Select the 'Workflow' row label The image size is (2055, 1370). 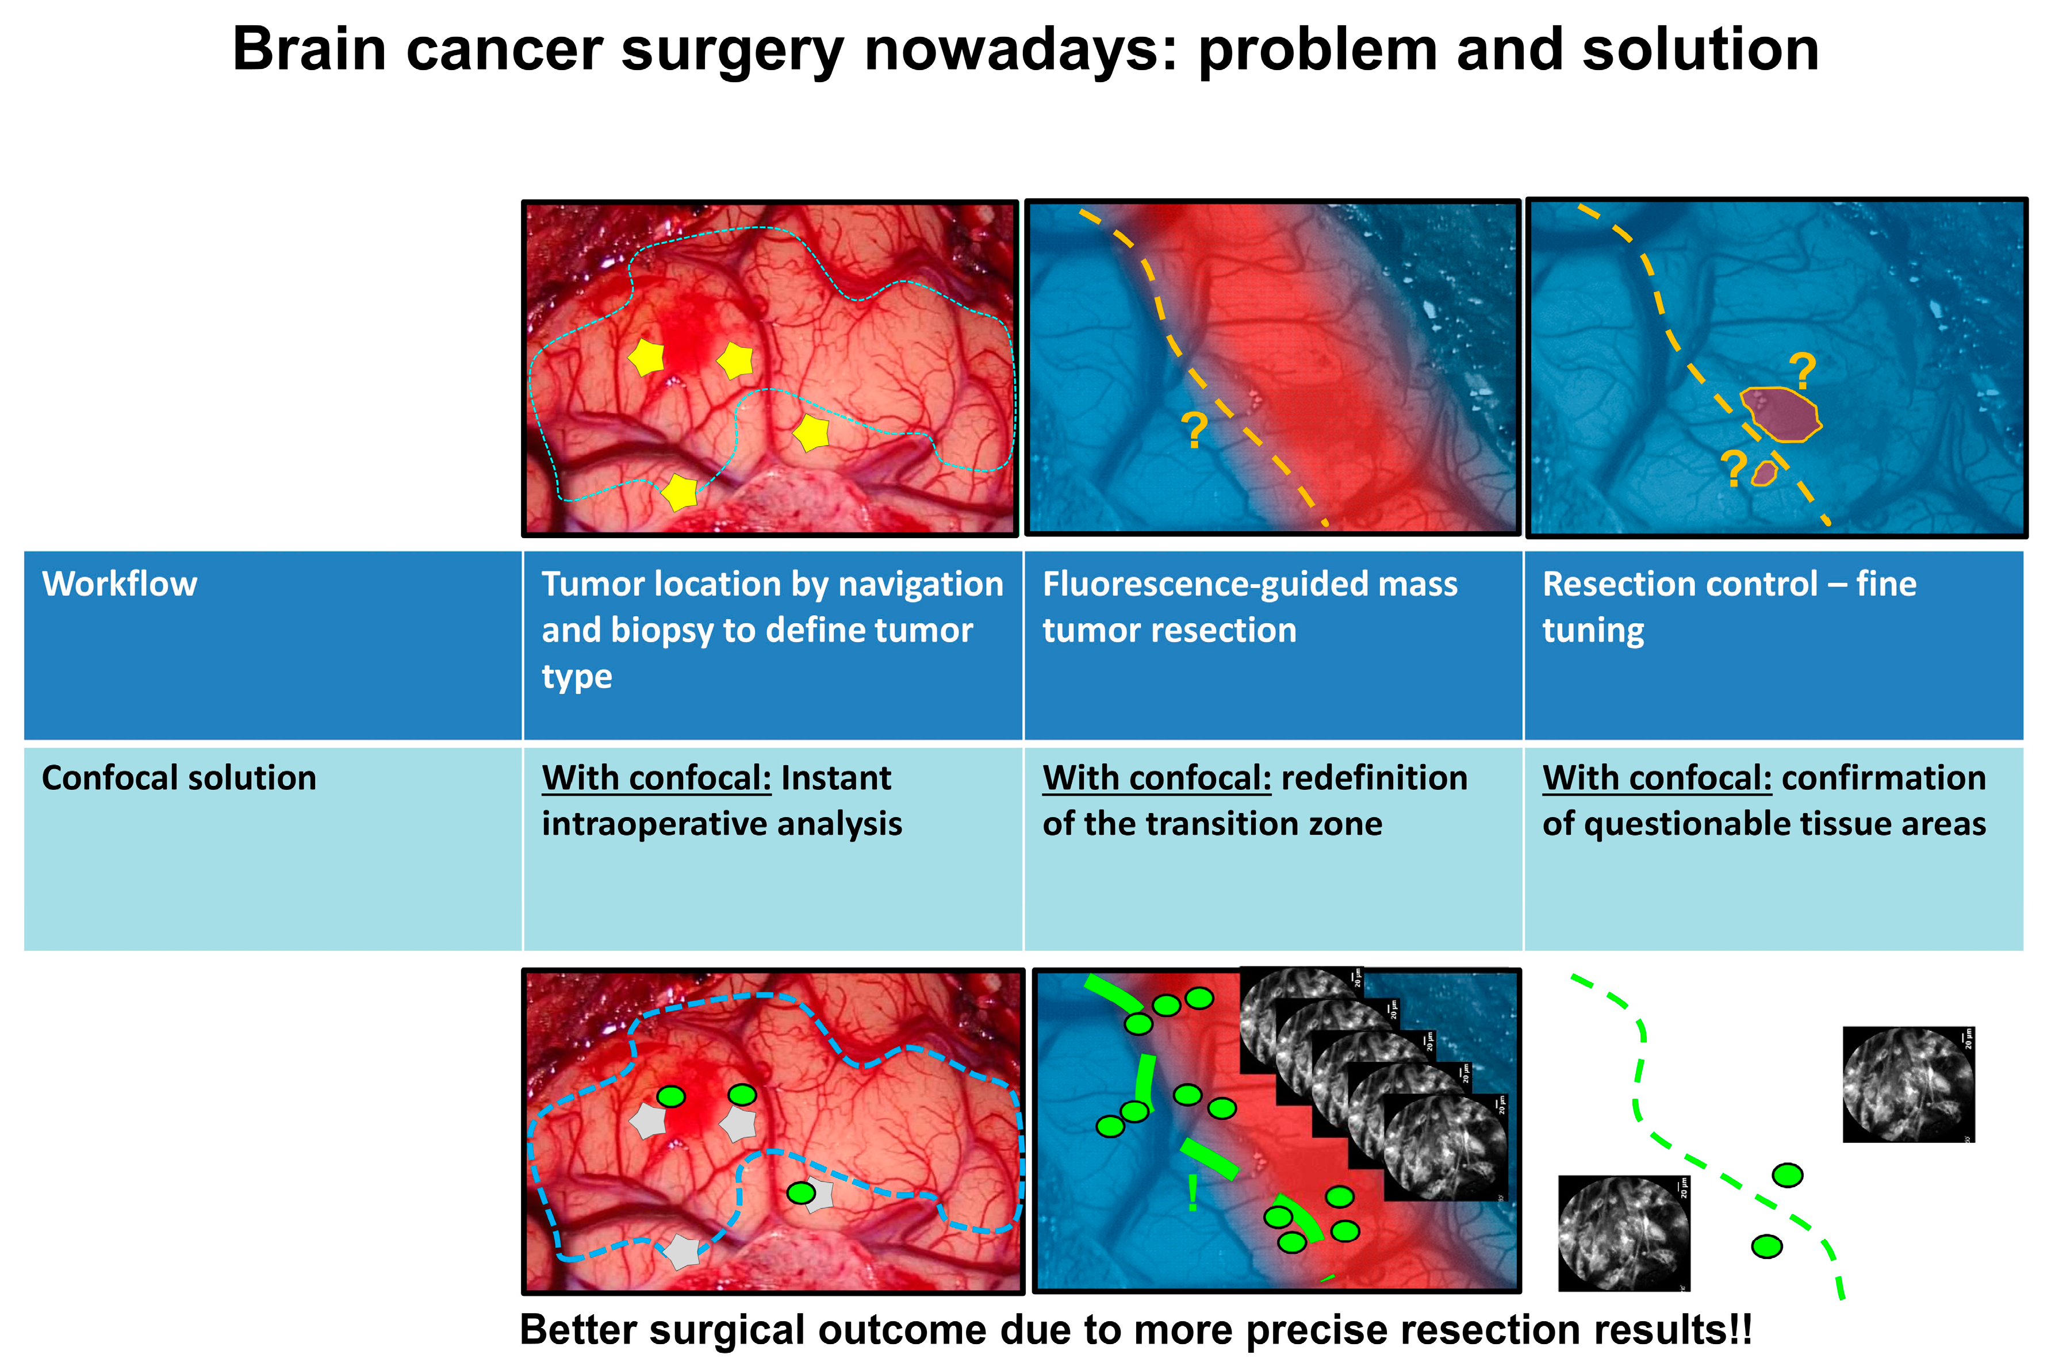point(120,584)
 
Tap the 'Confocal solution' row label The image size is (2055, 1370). point(179,778)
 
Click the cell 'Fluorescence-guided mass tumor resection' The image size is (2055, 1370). point(1249,607)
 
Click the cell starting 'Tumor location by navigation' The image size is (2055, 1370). point(772,629)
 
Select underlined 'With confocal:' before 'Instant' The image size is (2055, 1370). point(656,778)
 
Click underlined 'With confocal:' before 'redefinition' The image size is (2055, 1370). point(1156,778)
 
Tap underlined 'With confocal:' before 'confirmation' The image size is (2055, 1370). point(1657,778)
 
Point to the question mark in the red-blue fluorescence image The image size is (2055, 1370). point(1194,431)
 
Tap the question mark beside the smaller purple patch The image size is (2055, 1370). point(1734,469)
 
